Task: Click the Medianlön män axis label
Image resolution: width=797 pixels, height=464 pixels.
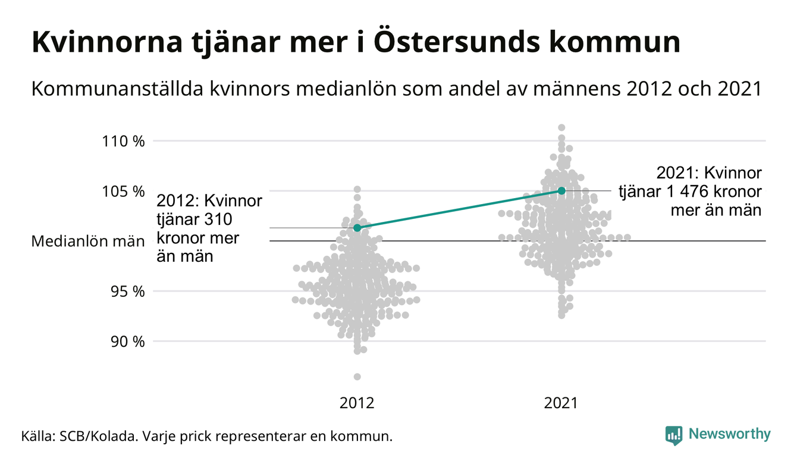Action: [x=88, y=242]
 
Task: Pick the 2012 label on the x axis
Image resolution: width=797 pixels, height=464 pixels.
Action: [x=357, y=403]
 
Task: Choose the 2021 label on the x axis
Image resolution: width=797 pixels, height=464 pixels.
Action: [x=561, y=403]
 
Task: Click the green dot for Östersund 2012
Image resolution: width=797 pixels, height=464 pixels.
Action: [x=357, y=228]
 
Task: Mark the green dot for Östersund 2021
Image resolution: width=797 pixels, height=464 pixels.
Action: [x=561, y=190]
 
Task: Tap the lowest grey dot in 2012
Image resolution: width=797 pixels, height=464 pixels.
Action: [x=357, y=377]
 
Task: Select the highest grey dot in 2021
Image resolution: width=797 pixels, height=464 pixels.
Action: [x=561, y=127]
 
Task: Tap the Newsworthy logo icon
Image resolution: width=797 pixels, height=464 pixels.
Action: [x=673, y=435]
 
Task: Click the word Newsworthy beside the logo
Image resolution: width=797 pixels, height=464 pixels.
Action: [x=729, y=434]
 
